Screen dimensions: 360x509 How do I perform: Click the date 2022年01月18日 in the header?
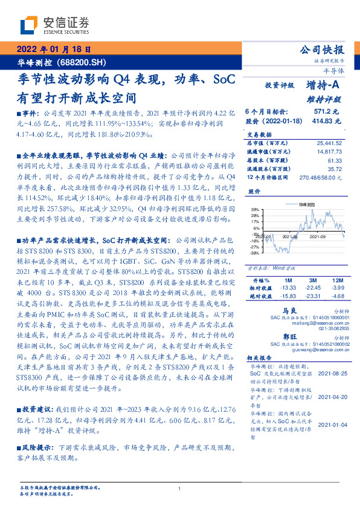[x=53, y=50]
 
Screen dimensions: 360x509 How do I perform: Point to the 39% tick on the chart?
[x=255, y=209]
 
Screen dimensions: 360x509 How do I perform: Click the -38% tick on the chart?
[x=254, y=253]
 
